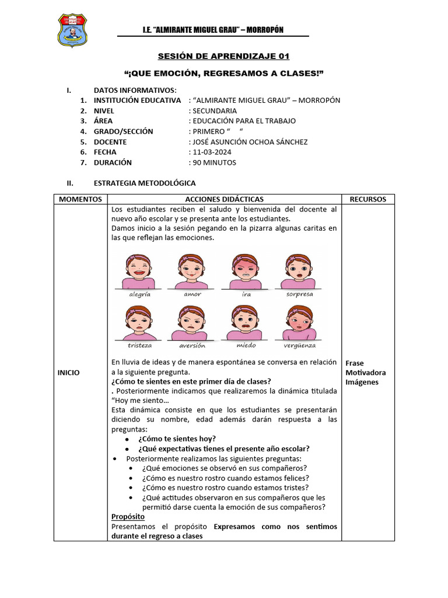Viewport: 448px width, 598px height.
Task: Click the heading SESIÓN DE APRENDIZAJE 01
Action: [223, 57]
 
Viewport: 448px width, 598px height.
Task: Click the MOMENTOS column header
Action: [80, 199]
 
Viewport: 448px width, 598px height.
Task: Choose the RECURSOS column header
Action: [367, 199]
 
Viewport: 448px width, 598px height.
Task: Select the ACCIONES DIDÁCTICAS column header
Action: [223, 199]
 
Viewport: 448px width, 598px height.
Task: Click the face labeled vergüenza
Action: [299, 322]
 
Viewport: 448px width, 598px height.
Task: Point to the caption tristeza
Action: [140, 345]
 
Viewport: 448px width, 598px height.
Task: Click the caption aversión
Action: [192, 345]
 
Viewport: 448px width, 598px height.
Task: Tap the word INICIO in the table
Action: [68, 372]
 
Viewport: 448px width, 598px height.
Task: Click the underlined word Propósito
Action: [128, 517]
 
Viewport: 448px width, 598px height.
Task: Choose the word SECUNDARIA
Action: [214, 110]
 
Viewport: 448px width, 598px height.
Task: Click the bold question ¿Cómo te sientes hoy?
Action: [177, 439]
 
